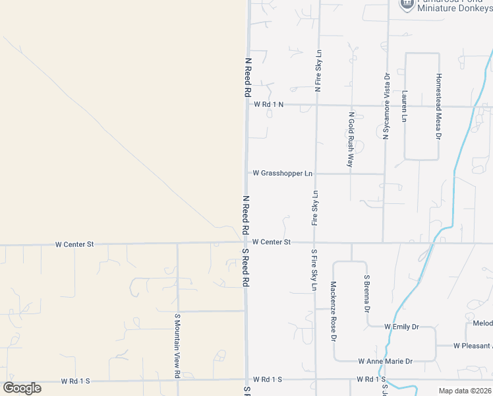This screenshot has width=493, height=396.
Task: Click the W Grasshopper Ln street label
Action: coord(282,174)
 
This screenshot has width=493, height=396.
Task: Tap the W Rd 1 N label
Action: coord(269,104)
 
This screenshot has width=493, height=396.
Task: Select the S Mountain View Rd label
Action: coord(177,346)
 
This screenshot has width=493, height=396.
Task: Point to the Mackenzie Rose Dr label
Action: coord(333,312)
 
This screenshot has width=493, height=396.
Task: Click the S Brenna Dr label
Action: coord(366,295)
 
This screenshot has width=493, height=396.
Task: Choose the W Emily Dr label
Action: coord(401,327)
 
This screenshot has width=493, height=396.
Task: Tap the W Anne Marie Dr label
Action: coord(385,361)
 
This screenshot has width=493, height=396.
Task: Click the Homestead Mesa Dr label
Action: coord(438,106)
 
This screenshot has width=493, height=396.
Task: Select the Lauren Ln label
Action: coord(404,106)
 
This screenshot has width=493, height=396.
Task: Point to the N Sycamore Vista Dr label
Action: coord(386,106)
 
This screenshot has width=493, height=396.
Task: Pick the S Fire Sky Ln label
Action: coord(314,271)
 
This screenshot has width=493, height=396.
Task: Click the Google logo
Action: coord(22,388)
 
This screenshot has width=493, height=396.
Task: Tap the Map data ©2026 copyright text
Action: coord(465,391)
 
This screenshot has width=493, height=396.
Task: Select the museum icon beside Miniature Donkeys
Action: coord(407,4)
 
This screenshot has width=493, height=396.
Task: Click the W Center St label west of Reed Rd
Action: coord(74,244)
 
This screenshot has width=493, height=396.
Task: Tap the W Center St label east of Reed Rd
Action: coord(271,242)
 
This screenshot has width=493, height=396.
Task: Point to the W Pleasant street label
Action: coord(473,346)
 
